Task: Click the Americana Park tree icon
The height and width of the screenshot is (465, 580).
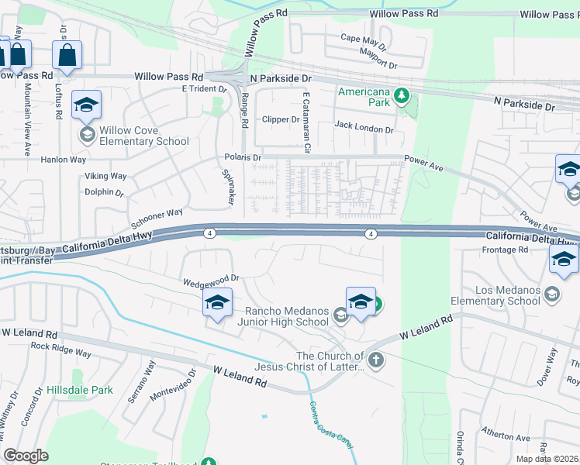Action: point(401,96)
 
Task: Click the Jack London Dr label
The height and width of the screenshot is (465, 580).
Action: point(364,126)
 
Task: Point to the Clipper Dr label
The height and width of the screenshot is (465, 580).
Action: point(280,119)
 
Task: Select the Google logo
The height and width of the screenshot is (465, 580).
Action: point(26,455)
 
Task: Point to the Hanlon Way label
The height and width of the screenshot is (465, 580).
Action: point(64,160)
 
